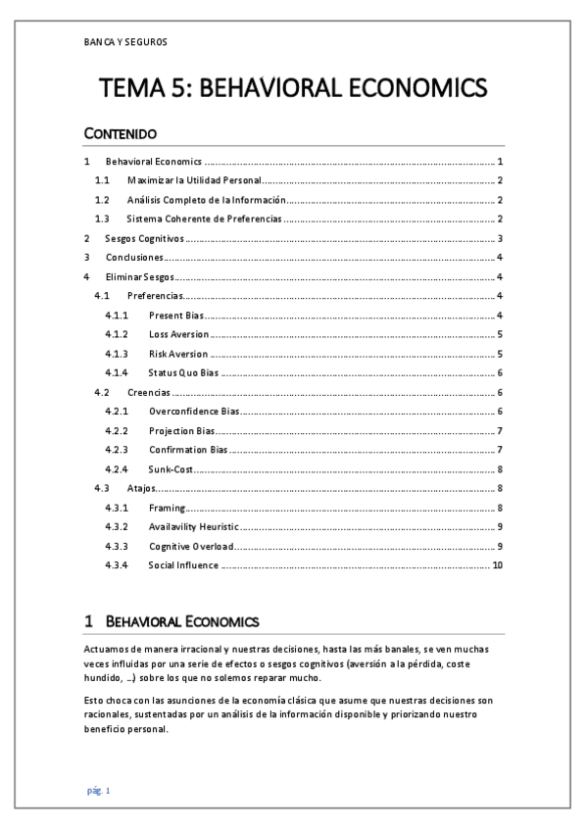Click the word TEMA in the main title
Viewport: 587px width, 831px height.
point(141,89)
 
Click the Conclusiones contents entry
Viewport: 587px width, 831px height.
point(134,257)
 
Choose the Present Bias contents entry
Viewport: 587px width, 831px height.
point(174,315)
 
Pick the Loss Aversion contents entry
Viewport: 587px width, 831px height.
point(178,334)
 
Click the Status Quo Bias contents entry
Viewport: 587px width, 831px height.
point(182,372)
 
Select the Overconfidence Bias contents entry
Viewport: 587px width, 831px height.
point(194,411)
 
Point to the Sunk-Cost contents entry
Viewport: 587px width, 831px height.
point(171,468)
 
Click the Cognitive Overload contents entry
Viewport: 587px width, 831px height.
point(189,545)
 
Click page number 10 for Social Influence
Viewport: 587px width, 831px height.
point(497,564)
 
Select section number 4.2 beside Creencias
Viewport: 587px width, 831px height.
point(103,392)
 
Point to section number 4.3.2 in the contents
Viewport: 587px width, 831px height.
point(117,526)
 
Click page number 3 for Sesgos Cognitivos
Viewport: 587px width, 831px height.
point(500,238)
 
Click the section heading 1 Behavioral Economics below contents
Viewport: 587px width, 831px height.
point(171,621)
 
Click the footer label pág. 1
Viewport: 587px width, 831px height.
point(99,790)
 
